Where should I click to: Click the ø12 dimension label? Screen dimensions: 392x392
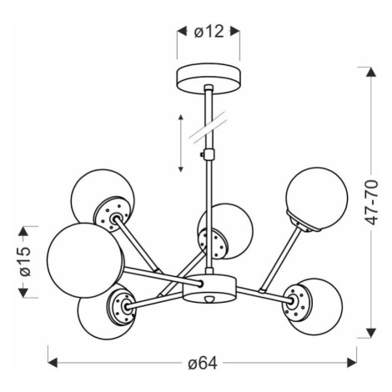[x=209, y=32]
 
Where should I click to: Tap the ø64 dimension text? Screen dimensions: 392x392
[x=203, y=363]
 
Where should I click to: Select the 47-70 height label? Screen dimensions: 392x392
[x=371, y=203]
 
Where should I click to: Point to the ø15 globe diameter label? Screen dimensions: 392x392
[x=25, y=261]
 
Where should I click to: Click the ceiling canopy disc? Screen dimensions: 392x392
[x=209, y=78]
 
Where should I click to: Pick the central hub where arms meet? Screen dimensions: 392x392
[x=209, y=289]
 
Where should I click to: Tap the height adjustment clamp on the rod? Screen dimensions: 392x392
[x=208, y=154]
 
